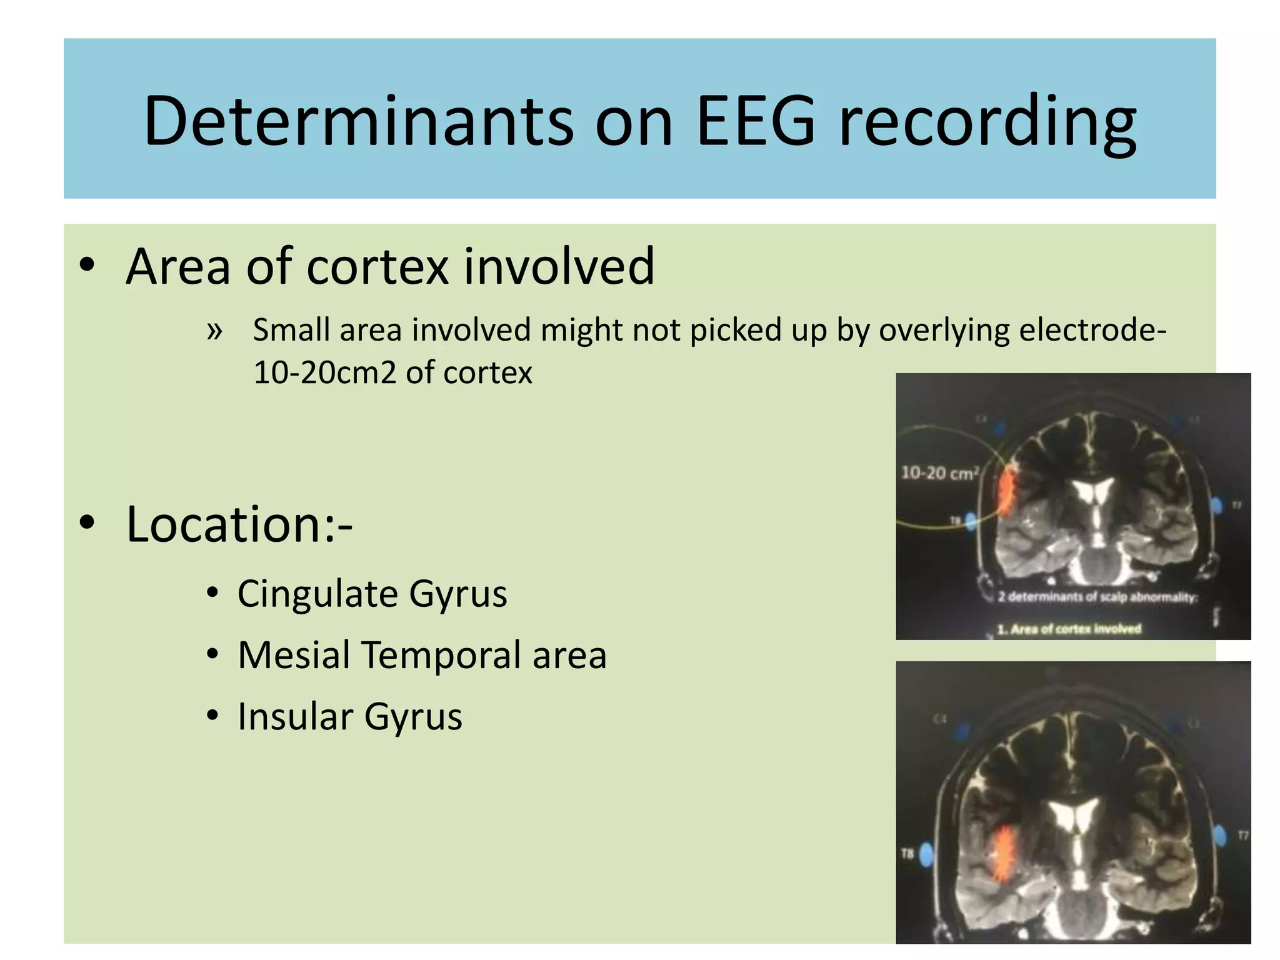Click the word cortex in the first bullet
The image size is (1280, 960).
point(377,266)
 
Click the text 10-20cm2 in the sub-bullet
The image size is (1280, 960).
point(325,373)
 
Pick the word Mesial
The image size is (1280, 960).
point(294,655)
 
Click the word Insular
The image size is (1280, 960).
point(294,716)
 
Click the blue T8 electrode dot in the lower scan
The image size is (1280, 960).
point(927,853)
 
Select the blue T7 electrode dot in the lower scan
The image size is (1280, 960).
point(1219,835)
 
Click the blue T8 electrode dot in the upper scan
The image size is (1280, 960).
point(971,521)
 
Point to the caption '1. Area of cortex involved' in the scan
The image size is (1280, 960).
point(1069,629)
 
